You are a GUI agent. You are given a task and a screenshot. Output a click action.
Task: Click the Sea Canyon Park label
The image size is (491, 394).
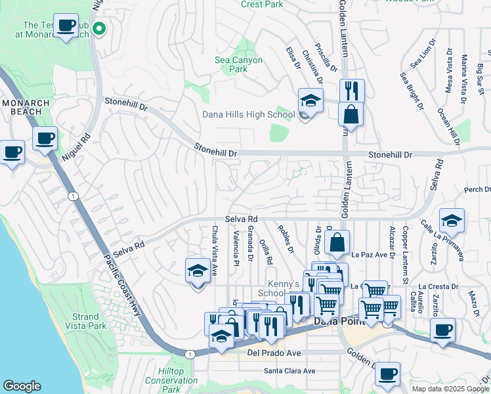tap(239, 64)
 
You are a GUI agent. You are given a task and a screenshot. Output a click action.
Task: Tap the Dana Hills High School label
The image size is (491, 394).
tap(248, 114)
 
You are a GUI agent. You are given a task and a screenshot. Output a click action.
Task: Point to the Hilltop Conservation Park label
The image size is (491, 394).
tap(171, 380)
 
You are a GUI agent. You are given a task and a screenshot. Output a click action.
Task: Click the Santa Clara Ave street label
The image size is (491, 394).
tap(289, 370)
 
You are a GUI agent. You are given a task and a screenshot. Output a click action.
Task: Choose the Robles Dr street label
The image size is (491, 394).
tap(286, 241)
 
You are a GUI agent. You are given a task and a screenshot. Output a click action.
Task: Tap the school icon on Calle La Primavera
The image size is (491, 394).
tap(452, 221)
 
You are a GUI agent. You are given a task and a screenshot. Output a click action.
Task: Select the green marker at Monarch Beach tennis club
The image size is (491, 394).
tap(100, 28)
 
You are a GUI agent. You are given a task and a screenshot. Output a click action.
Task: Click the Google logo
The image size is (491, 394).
tap(22, 386)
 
